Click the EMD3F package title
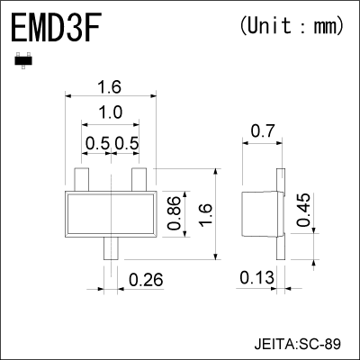tap(56, 29)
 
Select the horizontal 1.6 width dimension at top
tap(109, 87)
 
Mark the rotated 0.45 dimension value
tap(303, 210)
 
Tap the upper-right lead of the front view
tap(139, 178)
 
